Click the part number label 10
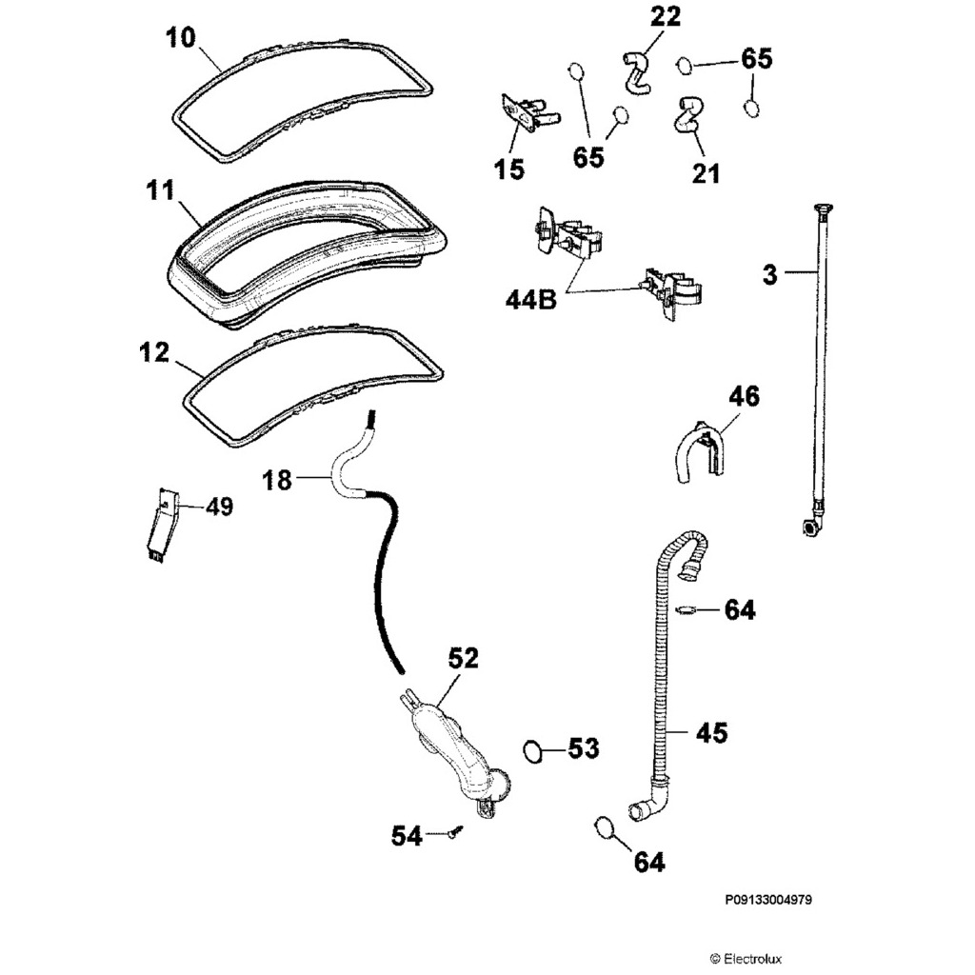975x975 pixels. coord(181,39)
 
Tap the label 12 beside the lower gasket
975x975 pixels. coord(153,353)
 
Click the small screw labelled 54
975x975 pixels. coord(456,833)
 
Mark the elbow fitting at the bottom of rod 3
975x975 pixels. coord(811,526)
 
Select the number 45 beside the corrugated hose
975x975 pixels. coord(711,732)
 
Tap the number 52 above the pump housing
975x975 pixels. coord(464,658)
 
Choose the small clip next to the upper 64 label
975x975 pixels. coord(686,608)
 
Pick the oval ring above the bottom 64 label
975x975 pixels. coord(603,827)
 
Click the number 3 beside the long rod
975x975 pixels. coord(770,275)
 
